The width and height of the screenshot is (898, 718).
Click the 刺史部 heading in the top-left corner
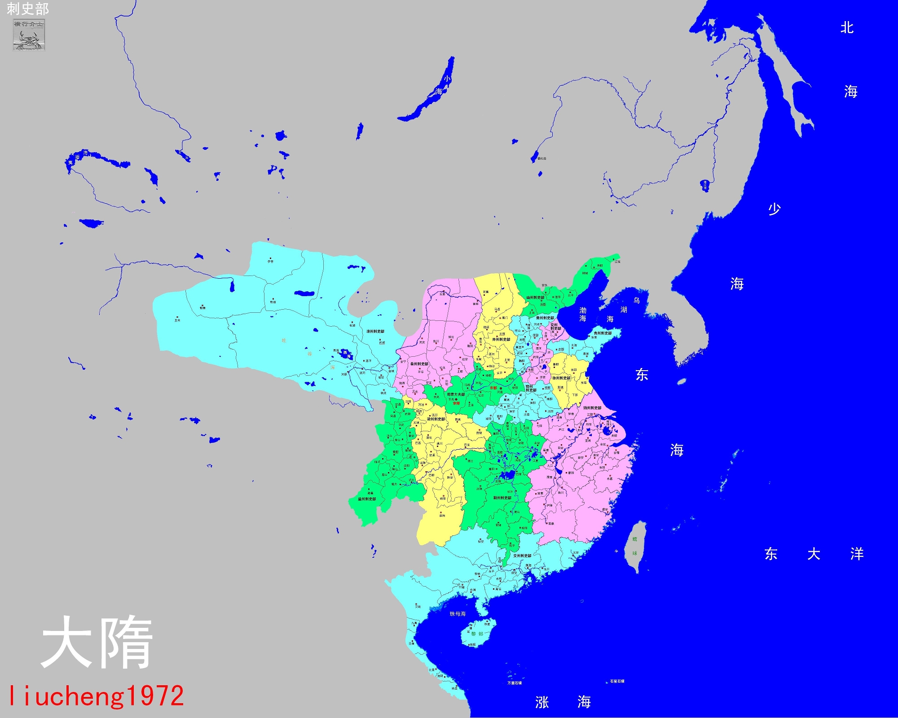pyautogui.click(x=27, y=9)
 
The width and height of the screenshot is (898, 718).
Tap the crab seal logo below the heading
pyautogui.click(x=29, y=35)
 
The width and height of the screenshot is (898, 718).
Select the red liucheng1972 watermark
pyautogui.click(x=96, y=696)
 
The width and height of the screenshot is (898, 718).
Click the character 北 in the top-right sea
pyautogui.click(x=847, y=28)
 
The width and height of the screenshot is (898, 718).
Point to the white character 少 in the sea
pyautogui.click(x=775, y=209)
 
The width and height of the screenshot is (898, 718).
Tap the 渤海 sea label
pyautogui.click(x=583, y=314)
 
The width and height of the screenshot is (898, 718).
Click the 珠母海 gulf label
pyautogui.click(x=458, y=614)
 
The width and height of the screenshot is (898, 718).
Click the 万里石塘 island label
pyautogui.click(x=515, y=683)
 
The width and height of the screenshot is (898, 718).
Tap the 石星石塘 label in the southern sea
pyautogui.click(x=617, y=681)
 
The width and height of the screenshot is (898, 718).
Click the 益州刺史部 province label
pyautogui.click(x=367, y=499)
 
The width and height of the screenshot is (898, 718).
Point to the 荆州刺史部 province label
pyautogui.click(x=502, y=498)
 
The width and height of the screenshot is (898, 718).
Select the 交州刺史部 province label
pyautogui.click(x=522, y=556)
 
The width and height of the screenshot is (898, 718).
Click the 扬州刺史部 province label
pyautogui.click(x=592, y=408)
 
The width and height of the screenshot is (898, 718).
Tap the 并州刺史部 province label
pyautogui.click(x=501, y=339)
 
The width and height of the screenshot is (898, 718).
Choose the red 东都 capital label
pyautogui.click(x=493, y=388)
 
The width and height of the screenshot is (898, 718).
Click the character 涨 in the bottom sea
pyautogui.click(x=542, y=702)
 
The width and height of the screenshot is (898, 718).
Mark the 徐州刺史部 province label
pyautogui.click(x=561, y=378)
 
